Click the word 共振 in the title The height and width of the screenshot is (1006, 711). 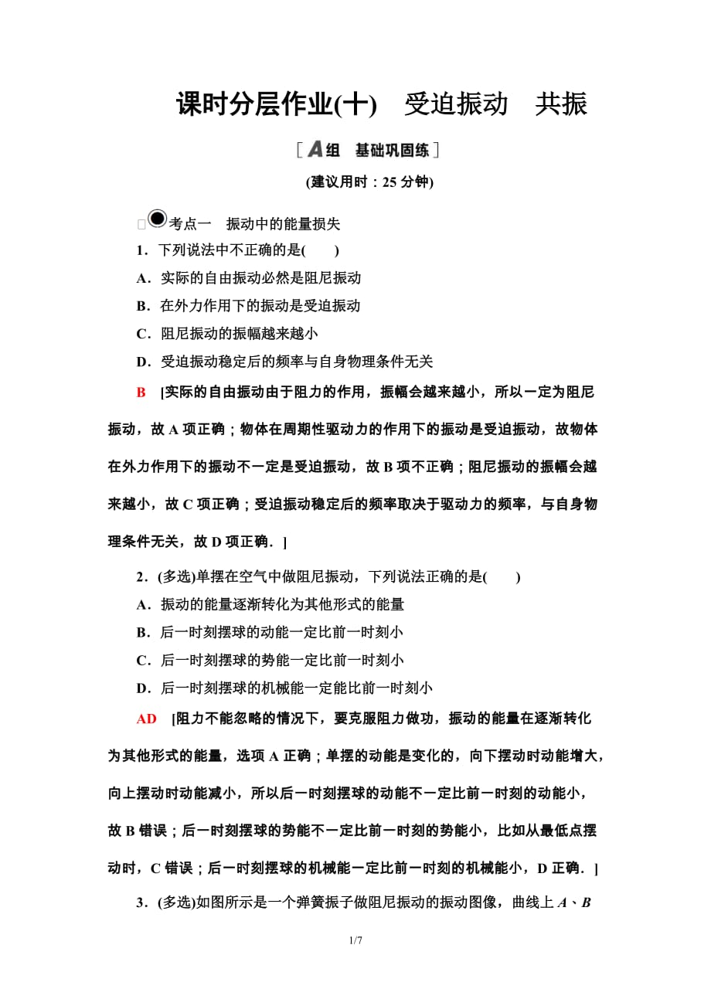click(x=561, y=104)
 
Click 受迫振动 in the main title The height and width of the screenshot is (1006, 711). click(x=456, y=104)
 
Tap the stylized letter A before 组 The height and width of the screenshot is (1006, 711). click(x=315, y=149)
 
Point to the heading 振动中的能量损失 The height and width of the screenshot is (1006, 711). click(x=283, y=225)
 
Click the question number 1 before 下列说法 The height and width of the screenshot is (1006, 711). click(x=141, y=250)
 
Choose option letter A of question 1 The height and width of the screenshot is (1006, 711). click(x=141, y=278)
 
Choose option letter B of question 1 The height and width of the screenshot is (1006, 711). click(x=141, y=306)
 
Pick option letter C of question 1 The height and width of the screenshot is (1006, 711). click(x=141, y=334)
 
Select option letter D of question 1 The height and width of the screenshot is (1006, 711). click(x=141, y=362)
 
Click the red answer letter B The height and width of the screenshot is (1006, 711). click(x=141, y=393)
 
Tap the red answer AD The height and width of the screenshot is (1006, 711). click(x=146, y=719)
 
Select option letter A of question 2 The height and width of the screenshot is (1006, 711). click(x=141, y=604)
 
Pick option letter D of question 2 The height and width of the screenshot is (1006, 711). click(x=141, y=688)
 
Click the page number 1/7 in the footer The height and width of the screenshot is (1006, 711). click(x=355, y=941)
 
